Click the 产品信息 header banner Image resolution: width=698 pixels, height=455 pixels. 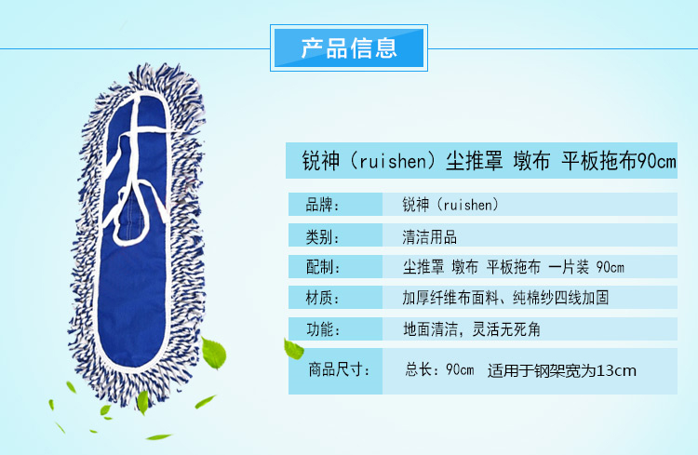pos(349,48)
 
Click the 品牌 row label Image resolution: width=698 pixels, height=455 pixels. pos(322,205)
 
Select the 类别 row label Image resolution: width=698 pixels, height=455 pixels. pos(322,236)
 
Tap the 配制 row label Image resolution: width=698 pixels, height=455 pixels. pos(323,267)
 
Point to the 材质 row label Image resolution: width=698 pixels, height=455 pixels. pos(322,298)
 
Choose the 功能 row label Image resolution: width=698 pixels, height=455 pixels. pos(323,329)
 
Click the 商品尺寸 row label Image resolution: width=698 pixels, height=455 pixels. pos(339,369)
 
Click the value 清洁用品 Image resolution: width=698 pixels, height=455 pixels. pos(430,237)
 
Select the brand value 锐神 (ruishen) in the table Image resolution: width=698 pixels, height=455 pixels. pos(450,205)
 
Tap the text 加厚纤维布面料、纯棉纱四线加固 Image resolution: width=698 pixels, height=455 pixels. pos(505,298)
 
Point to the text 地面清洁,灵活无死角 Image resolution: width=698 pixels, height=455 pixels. pos(472,329)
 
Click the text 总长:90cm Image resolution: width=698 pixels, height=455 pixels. pos(439,369)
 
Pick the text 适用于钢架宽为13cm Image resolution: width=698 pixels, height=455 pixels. pos(562,370)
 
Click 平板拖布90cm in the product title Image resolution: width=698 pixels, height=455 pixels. pos(619,161)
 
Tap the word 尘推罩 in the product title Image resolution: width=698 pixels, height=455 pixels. pos(474,161)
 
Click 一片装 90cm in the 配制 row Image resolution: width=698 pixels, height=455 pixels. pos(586,267)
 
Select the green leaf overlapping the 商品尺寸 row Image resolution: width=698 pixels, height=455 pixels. pos(293,349)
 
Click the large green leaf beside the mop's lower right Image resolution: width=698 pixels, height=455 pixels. pos(214,353)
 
